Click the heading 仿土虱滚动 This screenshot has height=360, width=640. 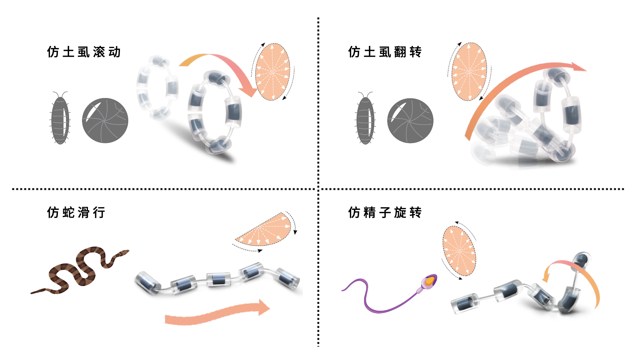point(84,52)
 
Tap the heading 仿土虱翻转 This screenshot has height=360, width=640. point(385,52)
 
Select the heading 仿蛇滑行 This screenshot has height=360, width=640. point(76,213)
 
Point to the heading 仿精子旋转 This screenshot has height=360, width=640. point(385,213)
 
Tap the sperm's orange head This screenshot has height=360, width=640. point(429,281)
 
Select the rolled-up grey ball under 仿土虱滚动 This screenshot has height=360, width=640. point(105,121)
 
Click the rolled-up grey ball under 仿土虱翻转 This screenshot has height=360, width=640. point(410,121)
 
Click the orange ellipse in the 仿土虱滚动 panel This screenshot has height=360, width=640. point(273,72)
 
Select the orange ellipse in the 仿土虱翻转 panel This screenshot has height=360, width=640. point(469,72)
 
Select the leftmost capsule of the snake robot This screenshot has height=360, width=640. point(147,282)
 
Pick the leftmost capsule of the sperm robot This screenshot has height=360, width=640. point(464,303)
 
